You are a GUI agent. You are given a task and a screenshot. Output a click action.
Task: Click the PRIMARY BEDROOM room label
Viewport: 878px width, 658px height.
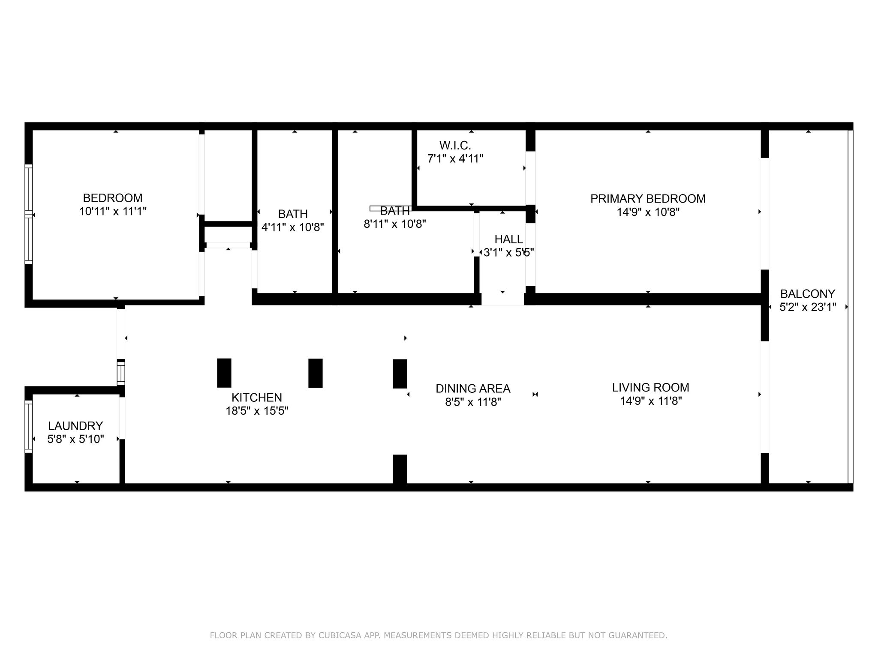click(648, 199)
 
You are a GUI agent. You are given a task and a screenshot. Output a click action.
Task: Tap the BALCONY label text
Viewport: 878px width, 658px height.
click(808, 294)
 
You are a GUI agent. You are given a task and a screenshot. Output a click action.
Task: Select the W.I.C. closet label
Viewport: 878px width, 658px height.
click(455, 145)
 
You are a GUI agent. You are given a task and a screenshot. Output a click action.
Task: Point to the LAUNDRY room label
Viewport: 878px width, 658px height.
click(75, 426)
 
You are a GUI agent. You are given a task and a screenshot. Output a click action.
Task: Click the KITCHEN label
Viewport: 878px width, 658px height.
click(257, 398)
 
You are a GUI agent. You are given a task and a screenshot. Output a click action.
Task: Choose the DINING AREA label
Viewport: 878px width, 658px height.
click(473, 389)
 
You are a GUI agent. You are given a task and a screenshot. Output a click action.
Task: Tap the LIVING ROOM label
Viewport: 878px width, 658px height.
click(651, 388)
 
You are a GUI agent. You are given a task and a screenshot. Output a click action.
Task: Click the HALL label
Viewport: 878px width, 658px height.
click(509, 239)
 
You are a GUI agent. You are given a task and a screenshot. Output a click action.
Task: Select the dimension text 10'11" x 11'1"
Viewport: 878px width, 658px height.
click(113, 211)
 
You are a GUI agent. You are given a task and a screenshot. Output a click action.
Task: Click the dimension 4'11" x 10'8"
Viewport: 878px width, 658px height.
click(293, 227)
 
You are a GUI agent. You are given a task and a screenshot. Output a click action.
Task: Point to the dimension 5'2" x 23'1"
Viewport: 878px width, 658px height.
click(808, 307)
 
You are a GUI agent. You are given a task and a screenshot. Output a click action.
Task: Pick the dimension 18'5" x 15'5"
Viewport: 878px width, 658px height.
click(257, 411)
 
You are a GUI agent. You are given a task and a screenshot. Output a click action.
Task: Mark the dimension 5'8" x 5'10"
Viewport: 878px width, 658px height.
click(75, 439)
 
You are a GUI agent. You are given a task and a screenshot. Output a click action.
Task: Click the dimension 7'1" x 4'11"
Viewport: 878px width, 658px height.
click(455, 159)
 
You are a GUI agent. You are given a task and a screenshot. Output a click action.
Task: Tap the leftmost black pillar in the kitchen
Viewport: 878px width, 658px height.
click(224, 373)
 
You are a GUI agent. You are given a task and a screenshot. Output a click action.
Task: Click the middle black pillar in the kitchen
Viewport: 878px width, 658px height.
click(316, 373)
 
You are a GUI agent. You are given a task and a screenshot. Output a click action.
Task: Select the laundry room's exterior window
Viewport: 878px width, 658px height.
click(29, 426)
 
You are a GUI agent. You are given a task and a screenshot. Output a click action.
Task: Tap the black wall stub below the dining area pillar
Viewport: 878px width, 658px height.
click(400, 469)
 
